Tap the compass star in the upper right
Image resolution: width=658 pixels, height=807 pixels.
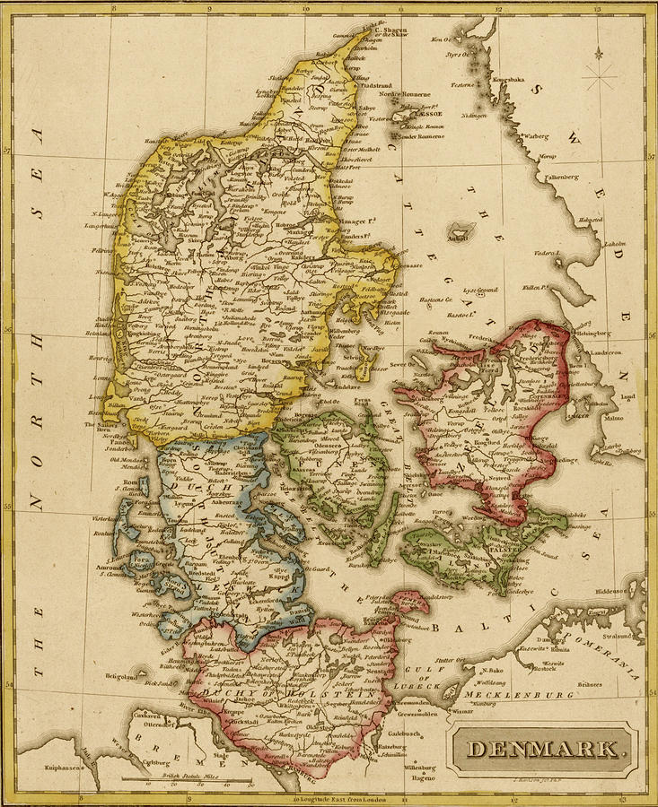[x=599, y=75]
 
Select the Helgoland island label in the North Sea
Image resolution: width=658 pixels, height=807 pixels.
[x=125, y=677]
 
